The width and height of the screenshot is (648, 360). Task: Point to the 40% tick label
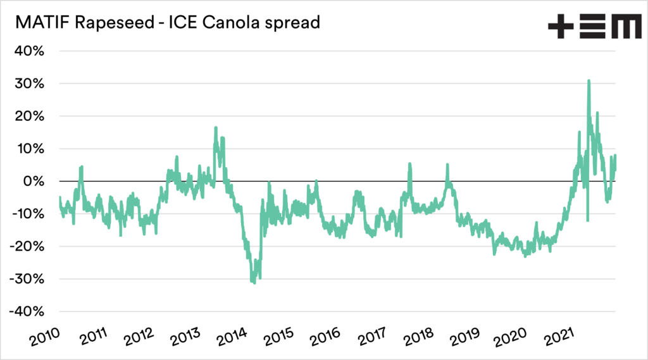29,51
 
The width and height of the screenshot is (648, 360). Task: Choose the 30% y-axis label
29,84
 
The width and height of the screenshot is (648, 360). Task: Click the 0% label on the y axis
33,182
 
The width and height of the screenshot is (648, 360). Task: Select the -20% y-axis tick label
27,247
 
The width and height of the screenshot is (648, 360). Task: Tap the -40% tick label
27,312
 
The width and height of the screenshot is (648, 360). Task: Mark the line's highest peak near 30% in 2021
589,81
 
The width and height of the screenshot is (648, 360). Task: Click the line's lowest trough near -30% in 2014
254,282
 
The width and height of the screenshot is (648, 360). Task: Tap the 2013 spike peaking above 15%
216,128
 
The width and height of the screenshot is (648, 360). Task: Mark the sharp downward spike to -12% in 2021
588,220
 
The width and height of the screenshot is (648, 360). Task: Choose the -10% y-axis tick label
27,214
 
